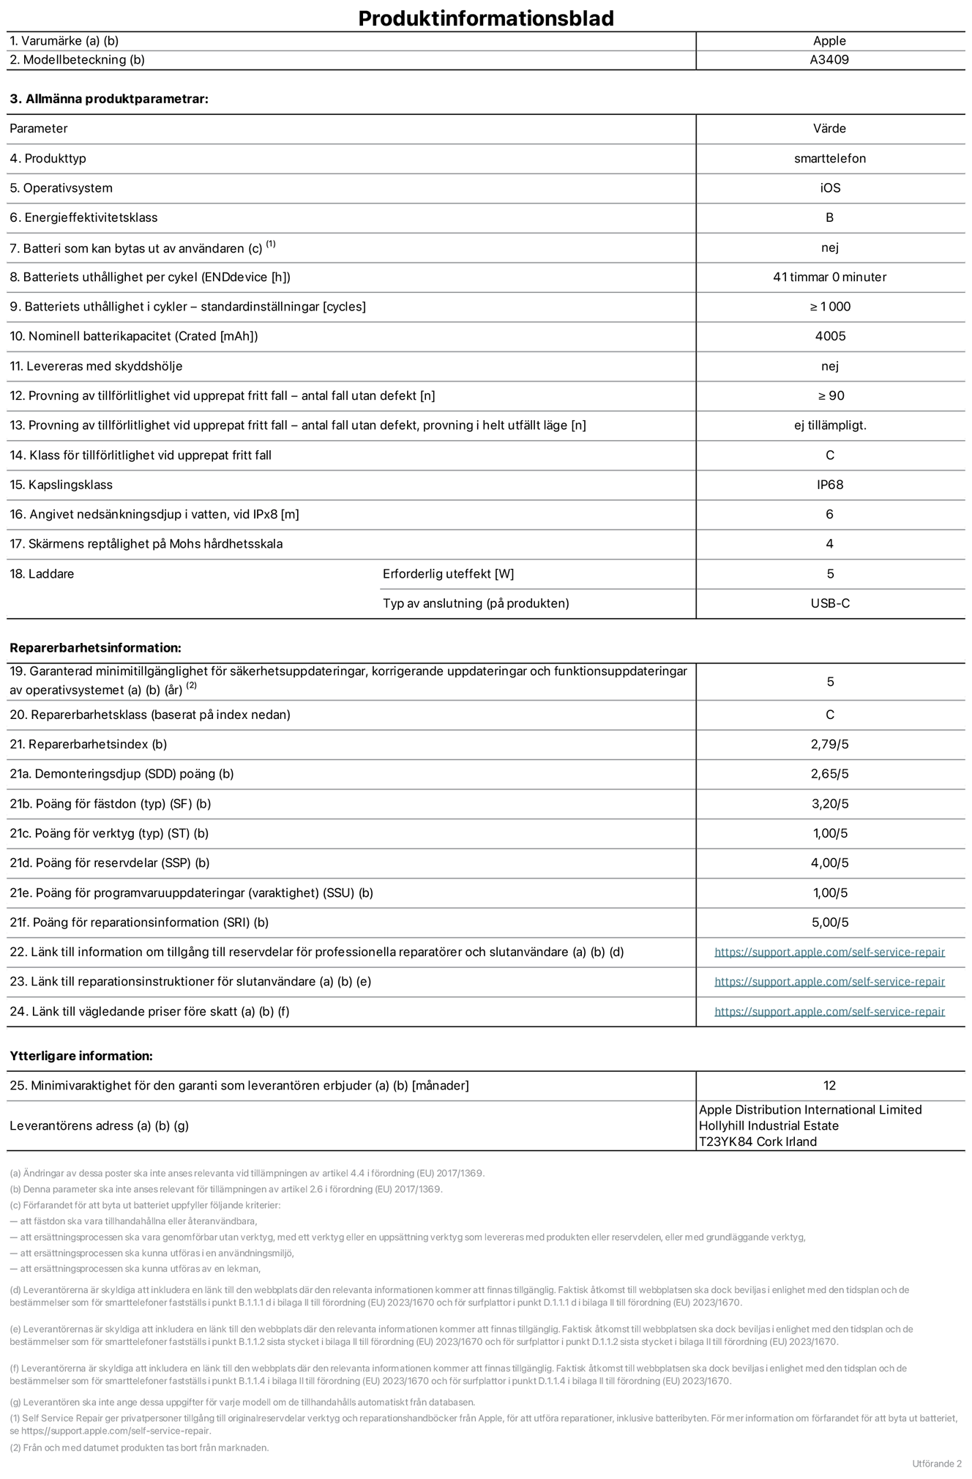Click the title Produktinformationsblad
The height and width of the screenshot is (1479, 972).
click(485, 18)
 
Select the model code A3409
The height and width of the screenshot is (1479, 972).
click(829, 60)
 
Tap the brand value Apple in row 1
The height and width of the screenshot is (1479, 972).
click(829, 41)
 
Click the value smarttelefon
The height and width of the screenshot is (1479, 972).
click(829, 158)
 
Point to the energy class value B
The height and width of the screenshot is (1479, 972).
click(829, 217)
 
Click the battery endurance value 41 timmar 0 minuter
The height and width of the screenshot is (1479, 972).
click(829, 277)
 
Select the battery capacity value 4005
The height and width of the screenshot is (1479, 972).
click(829, 336)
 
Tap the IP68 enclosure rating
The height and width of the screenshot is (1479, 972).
click(829, 485)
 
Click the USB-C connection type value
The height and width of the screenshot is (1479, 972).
click(830, 603)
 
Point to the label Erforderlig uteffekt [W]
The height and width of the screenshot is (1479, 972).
click(448, 574)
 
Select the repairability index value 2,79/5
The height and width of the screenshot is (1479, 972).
click(829, 744)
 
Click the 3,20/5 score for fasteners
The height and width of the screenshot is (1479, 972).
click(829, 803)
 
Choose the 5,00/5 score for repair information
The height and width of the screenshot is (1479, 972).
click(829, 923)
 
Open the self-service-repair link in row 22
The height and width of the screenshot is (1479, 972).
click(829, 952)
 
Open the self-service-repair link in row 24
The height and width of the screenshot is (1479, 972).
click(829, 1011)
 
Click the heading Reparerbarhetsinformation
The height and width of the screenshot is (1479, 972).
click(95, 648)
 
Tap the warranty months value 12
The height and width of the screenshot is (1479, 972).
click(829, 1085)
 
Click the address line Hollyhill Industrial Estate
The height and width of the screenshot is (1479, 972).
click(769, 1125)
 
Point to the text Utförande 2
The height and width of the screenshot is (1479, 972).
click(936, 1464)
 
